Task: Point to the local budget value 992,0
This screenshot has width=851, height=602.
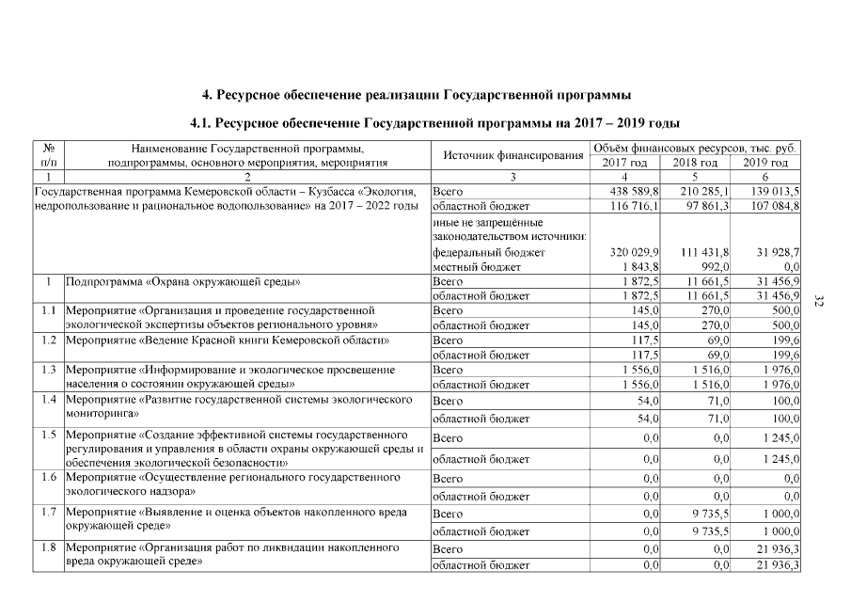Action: (715, 268)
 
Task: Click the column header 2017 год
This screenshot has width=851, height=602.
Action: (624, 163)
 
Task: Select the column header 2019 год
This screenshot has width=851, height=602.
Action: (765, 163)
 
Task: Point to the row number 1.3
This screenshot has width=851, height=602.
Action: (48, 369)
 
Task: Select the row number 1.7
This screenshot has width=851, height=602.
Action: (48, 513)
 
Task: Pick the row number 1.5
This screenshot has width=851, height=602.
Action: (48, 435)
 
